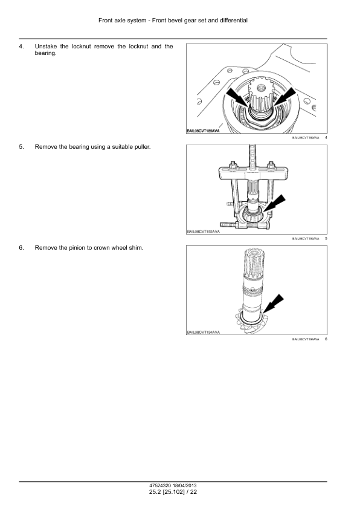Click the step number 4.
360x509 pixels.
pos(22,47)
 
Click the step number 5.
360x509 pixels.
pos(22,147)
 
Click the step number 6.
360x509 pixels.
pos(22,248)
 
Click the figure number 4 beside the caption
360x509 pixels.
pos(326,138)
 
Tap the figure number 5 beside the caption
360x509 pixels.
pos(326,239)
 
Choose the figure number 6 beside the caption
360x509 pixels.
pos(326,339)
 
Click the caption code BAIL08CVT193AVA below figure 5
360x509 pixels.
pos(305,239)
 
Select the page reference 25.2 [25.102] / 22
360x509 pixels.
pos(173,493)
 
